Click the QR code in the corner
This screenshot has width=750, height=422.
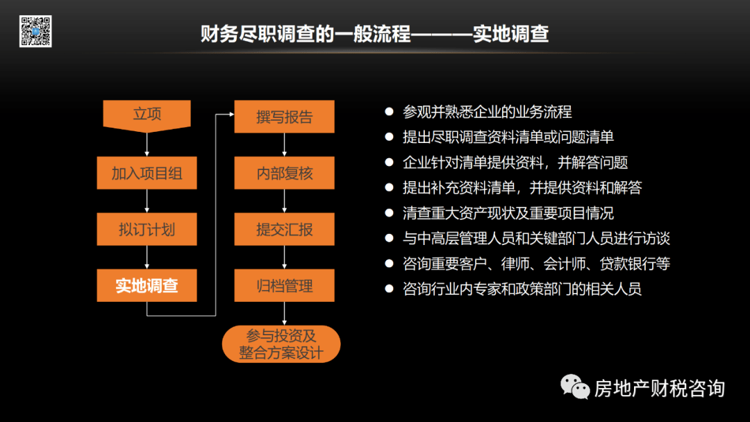click(35, 31)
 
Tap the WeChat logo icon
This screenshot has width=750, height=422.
click(575, 387)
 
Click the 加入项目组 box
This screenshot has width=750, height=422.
click(147, 173)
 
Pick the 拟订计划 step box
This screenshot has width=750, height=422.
click(147, 230)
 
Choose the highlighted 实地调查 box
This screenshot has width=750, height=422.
click(147, 285)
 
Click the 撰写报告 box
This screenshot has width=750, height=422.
click(284, 117)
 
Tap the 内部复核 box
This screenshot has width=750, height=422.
click(284, 173)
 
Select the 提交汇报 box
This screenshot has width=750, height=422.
click(284, 230)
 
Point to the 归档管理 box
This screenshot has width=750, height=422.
click(284, 285)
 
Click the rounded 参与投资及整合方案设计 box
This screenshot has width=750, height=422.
click(281, 344)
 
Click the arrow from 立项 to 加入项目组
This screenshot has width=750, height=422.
click(147, 145)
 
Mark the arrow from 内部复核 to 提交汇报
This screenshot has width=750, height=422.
click(284, 201)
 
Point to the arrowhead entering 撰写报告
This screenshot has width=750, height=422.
click(232, 115)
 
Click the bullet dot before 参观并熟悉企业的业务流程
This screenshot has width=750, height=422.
click(389, 111)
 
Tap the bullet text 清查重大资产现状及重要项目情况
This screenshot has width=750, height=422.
click(508, 213)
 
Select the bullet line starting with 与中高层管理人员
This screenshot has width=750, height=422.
click(536, 239)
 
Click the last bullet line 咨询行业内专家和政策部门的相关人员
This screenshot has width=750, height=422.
click(522, 289)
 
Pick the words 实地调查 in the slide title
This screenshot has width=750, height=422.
click(510, 34)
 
